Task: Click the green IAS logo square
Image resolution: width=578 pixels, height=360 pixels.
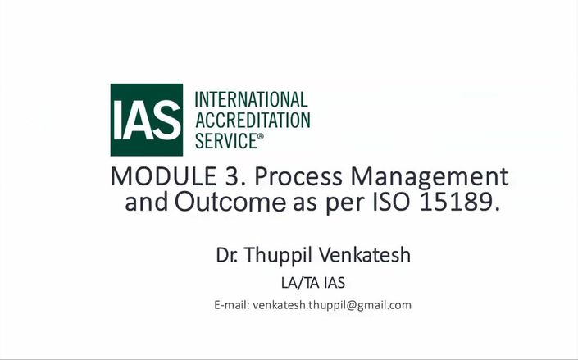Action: pyautogui.click(x=146, y=120)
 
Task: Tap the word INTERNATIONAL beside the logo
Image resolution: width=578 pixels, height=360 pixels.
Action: pyautogui.click(x=251, y=99)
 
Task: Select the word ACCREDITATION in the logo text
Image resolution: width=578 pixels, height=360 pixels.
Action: pyautogui.click(x=253, y=121)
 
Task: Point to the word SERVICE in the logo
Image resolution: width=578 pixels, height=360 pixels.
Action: pyautogui.click(x=226, y=141)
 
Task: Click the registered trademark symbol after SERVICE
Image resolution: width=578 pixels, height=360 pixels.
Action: pyautogui.click(x=261, y=136)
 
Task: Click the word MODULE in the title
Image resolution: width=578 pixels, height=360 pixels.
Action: pyautogui.click(x=163, y=176)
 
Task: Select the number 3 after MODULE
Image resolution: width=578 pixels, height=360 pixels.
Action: pyautogui.click(x=230, y=176)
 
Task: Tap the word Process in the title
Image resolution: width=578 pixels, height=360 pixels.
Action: pyautogui.click(x=298, y=176)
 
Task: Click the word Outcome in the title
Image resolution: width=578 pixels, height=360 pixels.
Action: pyautogui.click(x=230, y=202)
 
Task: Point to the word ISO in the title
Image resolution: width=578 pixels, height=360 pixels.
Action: pyautogui.click(x=391, y=202)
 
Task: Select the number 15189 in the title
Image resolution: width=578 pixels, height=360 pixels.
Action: pyautogui.click(x=456, y=202)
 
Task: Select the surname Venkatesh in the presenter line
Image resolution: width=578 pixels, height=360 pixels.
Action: pyautogui.click(x=365, y=255)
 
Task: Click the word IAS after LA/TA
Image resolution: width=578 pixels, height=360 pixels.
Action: pyautogui.click(x=335, y=283)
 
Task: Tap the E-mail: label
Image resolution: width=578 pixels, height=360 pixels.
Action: pyautogui.click(x=232, y=305)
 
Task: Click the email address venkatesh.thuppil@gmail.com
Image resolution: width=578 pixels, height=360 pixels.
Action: pyautogui.click(x=332, y=306)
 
